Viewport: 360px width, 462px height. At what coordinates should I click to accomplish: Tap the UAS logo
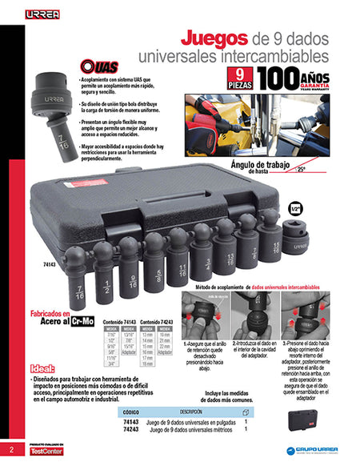[99, 69]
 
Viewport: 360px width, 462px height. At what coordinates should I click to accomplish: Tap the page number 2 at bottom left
[11, 448]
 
